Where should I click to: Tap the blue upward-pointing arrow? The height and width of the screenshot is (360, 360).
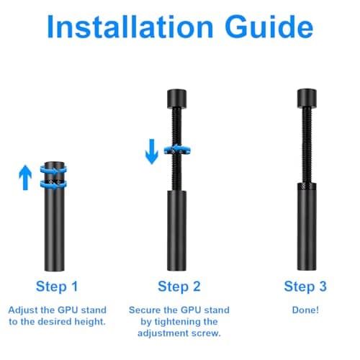point(25,176)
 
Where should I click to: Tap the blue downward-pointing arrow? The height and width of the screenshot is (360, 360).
point(152,151)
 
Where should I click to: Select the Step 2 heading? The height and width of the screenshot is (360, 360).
point(179,287)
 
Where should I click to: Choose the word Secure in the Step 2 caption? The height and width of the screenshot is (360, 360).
point(146,310)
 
